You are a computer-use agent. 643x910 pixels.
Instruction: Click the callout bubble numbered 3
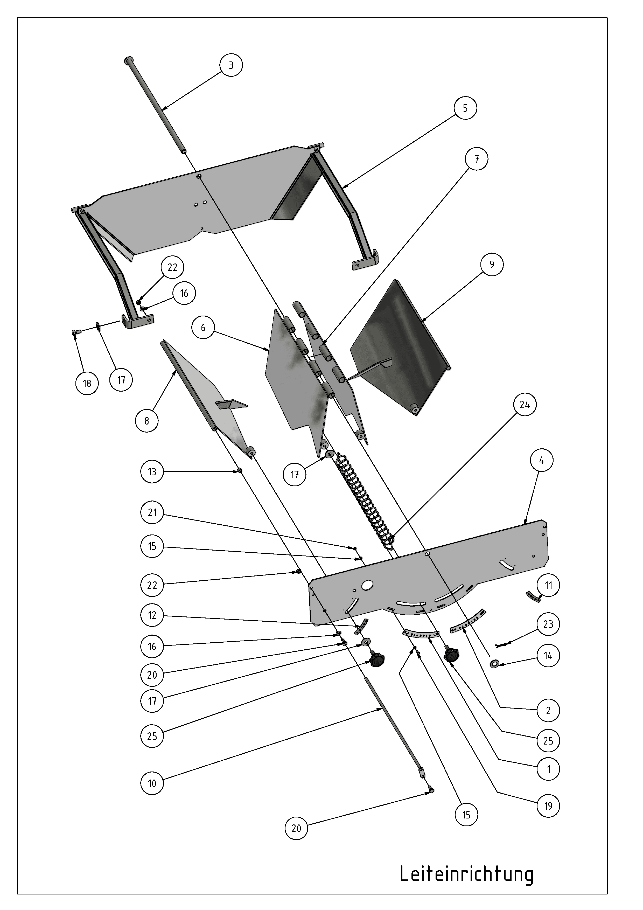pyautogui.click(x=231, y=65)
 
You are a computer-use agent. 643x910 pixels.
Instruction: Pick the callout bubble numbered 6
pyautogui.click(x=203, y=327)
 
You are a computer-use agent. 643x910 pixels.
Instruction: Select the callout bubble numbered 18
pyautogui.click(x=87, y=383)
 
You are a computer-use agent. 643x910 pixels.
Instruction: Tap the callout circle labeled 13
pyautogui.click(x=152, y=472)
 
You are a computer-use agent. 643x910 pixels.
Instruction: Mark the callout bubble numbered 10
pyautogui.click(x=152, y=783)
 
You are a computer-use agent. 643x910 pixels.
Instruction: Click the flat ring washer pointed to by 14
pyautogui.click(x=495, y=664)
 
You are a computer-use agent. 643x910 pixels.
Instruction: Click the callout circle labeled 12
pyautogui.click(x=152, y=615)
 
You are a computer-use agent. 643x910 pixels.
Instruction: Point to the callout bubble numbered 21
pyautogui.click(x=152, y=512)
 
